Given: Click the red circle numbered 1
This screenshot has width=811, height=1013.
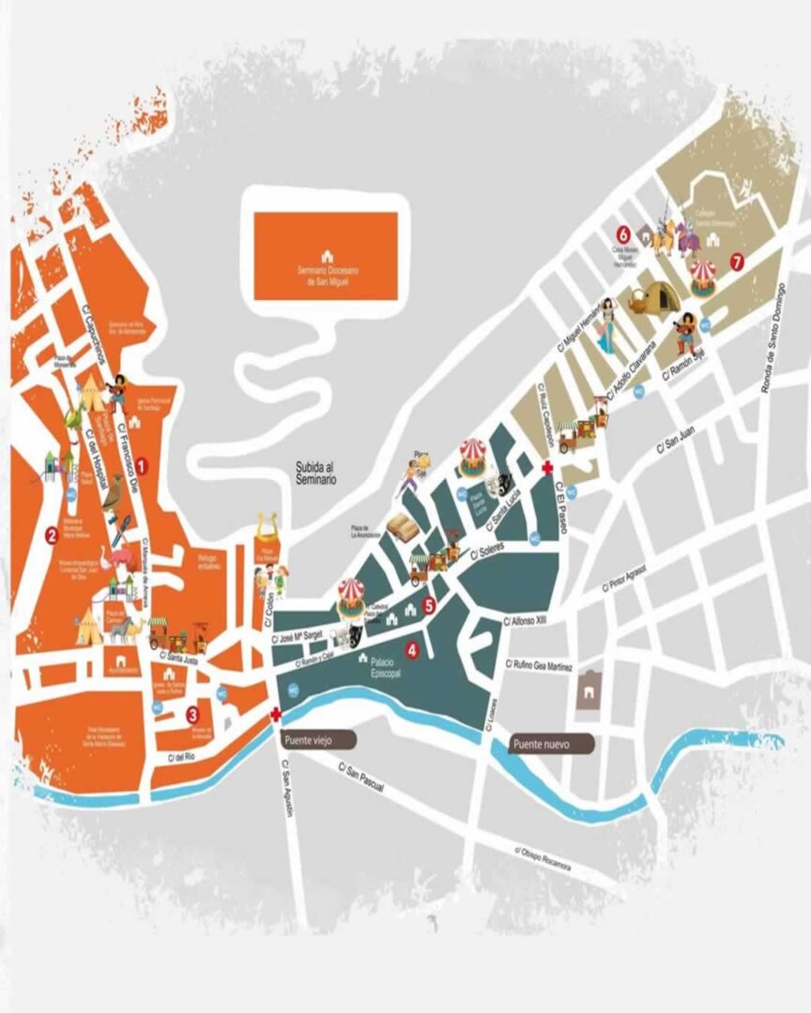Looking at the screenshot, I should (142, 463).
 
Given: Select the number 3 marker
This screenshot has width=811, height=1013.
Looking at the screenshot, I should (191, 712).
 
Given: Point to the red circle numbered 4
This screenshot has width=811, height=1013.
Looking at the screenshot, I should (411, 649).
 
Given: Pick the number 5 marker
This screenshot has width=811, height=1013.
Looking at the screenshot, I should (429, 605).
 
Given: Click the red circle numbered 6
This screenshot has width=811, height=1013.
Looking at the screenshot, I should (621, 233).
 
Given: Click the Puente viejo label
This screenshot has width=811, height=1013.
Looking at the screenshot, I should (318, 739).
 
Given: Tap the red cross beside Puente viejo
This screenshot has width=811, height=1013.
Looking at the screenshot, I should (276, 716).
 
